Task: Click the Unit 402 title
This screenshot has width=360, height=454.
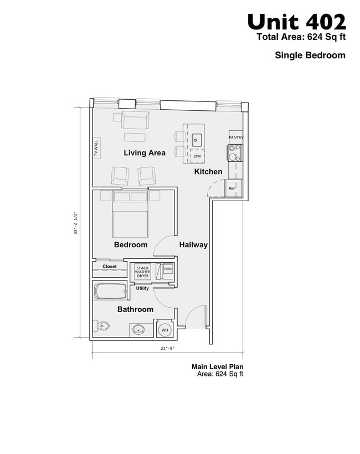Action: pos(296,22)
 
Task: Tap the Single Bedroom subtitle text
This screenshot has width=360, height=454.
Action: pos(310,55)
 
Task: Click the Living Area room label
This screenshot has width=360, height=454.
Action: pos(145,153)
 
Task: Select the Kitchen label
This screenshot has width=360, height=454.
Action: pos(208,172)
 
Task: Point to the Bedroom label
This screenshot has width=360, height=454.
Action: pos(131,244)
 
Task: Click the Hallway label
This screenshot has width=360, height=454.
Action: pos(193,244)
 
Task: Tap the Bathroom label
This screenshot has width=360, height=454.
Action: pos(135,309)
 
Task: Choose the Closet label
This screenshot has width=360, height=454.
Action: pos(110,267)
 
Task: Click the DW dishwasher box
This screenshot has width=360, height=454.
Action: pos(197,156)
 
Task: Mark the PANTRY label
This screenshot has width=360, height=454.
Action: pos(236,137)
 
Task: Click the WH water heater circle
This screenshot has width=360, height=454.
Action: pos(164,330)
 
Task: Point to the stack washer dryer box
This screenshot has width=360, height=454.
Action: pos(142,272)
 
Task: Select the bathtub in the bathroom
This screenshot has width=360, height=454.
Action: pos(110,291)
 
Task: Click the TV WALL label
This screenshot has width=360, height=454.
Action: pos(96,148)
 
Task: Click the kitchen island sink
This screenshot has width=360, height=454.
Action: pos(197,136)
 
